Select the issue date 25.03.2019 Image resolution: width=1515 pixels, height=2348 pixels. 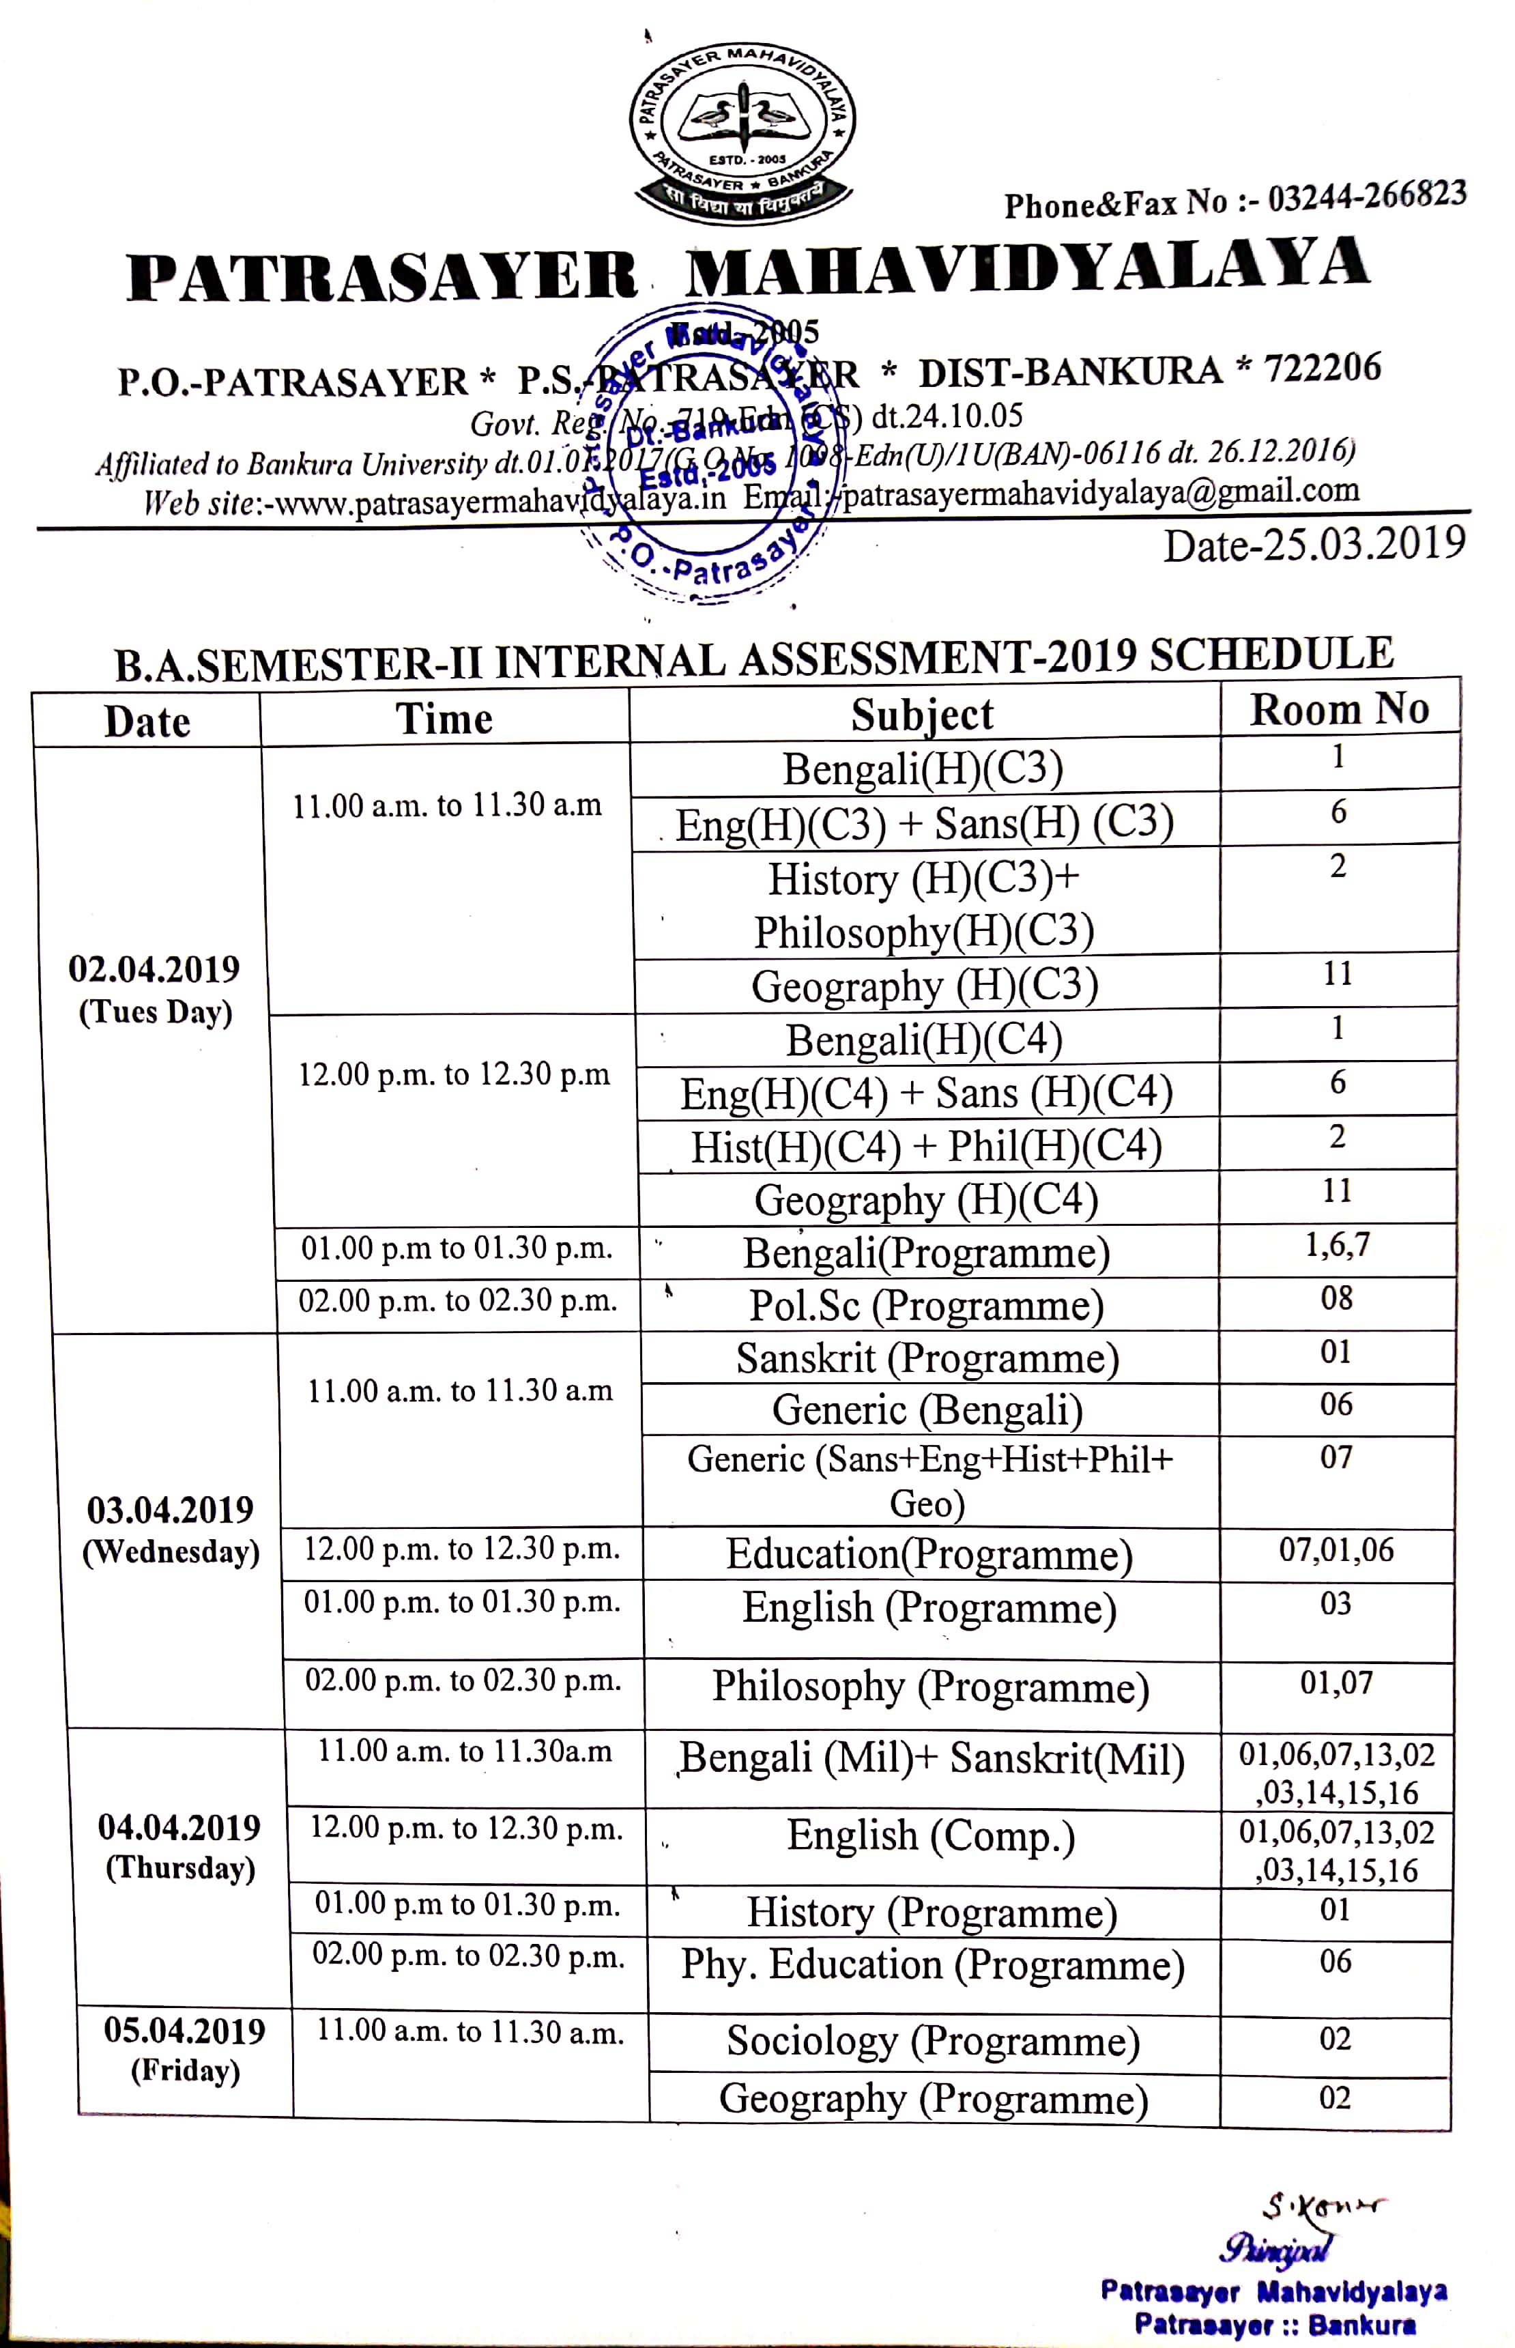(1314, 545)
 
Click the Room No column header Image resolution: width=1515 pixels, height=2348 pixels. (1339, 709)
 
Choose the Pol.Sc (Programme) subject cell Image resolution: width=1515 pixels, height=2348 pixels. (926, 1305)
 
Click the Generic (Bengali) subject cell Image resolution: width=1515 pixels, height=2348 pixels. (927, 1409)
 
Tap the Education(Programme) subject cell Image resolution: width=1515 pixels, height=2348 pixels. (929, 1555)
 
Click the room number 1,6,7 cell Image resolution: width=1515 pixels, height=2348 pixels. (1337, 1246)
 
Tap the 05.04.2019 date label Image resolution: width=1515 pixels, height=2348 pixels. (185, 2032)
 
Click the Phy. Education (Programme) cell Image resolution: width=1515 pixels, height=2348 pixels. (932, 1964)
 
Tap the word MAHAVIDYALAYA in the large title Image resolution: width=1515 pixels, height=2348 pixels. (1026, 268)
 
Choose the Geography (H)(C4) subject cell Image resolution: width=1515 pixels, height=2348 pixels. (926, 1199)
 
